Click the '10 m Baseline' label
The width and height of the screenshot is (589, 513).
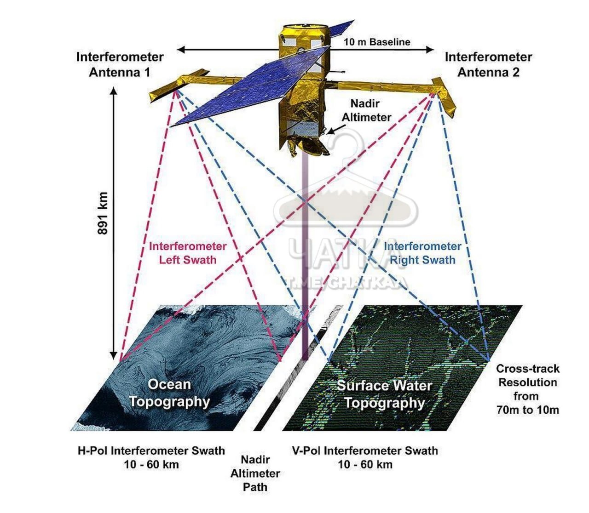(376, 42)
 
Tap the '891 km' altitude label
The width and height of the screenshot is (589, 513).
(103, 213)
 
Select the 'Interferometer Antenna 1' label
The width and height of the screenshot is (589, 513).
(120, 65)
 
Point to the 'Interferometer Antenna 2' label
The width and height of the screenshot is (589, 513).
(488, 65)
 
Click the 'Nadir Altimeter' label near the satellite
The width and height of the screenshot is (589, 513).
(366, 110)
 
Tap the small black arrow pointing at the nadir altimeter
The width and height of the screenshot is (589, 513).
(336, 129)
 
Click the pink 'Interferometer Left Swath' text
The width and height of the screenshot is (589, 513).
(188, 253)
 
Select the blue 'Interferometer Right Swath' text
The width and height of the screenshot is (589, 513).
(422, 253)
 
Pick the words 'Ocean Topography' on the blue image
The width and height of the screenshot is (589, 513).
(169, 393)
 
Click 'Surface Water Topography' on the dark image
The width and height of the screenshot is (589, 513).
(385, 394)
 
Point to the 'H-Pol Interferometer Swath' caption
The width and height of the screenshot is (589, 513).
(151, 450)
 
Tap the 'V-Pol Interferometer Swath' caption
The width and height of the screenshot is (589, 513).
(365, 450)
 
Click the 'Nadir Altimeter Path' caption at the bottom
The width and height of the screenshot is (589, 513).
(255, 473)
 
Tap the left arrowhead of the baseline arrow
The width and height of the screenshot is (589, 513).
(181, 50)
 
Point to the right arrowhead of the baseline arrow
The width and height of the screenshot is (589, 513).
(430, 50)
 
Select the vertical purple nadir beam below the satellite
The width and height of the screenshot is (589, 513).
(305, 257)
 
